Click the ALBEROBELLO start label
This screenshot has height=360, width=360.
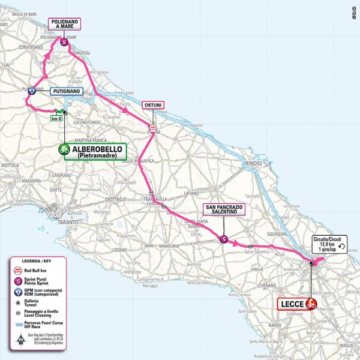[x=99, y=151]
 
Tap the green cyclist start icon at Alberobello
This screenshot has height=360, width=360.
[x=63, y=151]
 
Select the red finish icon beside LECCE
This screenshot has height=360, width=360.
[x=311, y=304]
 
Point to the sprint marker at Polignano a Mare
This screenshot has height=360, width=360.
[x=64, y=42]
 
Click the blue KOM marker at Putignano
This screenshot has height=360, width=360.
[x=31, y=91]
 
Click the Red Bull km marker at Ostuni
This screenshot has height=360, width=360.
[x=152, y=127]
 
